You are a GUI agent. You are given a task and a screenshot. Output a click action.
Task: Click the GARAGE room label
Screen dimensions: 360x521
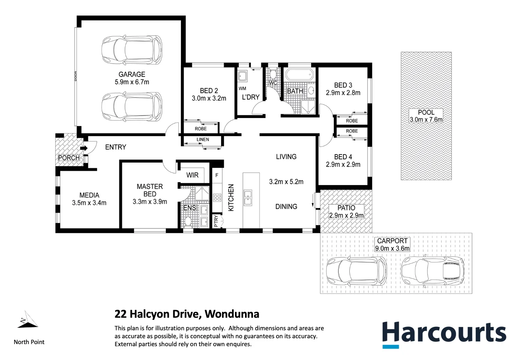132,75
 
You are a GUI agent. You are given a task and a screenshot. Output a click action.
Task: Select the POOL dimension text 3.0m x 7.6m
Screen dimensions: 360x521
426,120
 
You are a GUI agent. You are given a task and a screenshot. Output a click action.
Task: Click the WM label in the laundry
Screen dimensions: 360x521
242,89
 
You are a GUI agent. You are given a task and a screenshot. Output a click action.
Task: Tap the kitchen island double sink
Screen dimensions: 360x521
248,197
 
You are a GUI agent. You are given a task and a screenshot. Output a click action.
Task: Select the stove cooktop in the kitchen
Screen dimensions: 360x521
217,197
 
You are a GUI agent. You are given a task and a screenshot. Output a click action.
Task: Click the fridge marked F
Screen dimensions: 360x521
217,175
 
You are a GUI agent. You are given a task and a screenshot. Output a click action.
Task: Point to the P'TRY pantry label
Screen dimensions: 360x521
216,221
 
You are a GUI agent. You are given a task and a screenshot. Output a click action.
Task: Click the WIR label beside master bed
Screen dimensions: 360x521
193,175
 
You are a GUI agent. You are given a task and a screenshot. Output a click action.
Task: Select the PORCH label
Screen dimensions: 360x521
69,158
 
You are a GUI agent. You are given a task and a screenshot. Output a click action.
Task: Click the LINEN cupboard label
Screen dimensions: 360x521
202,139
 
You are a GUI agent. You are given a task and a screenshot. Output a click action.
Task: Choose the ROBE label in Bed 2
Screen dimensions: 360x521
201,129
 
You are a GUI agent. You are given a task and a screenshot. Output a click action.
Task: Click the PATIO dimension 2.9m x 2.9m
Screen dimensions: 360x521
346,215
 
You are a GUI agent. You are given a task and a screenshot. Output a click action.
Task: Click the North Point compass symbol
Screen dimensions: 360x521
27,320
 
